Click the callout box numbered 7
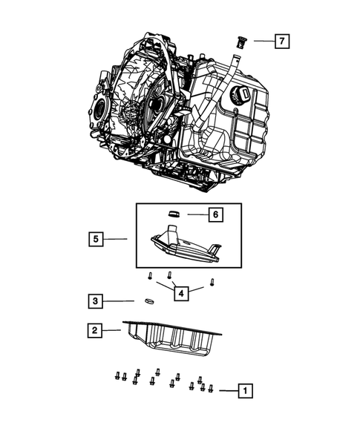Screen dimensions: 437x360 pyautogui.click(x=281, y=41)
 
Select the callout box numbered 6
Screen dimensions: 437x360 pyautogui.click(x=215, y=214)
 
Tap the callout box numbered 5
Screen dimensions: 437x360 pyautogui.click(x=95, y=239)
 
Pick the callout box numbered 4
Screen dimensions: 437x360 pyautogui.click(x=180, y=293)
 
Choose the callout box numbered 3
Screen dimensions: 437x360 pyautogui.click(x=95, y=301)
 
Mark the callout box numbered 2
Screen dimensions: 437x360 pyautogui.click(x=95, y=331)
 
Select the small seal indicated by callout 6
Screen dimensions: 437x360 pyautogui.click(x=175, y=214)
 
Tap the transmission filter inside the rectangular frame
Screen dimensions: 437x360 pyautogui.click(x=186, y=246)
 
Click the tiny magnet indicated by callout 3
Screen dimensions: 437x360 pyautogui.click(x=147, y=301)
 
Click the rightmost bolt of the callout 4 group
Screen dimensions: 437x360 pyautogui.click(x=212, y=283)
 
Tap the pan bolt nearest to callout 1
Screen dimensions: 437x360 pyautogui.click(x=212, y=388)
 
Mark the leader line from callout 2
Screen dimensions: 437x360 pyautogui.click(x=113, y=330)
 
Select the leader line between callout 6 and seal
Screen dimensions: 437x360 pyautogui.click(x=195, y=214)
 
